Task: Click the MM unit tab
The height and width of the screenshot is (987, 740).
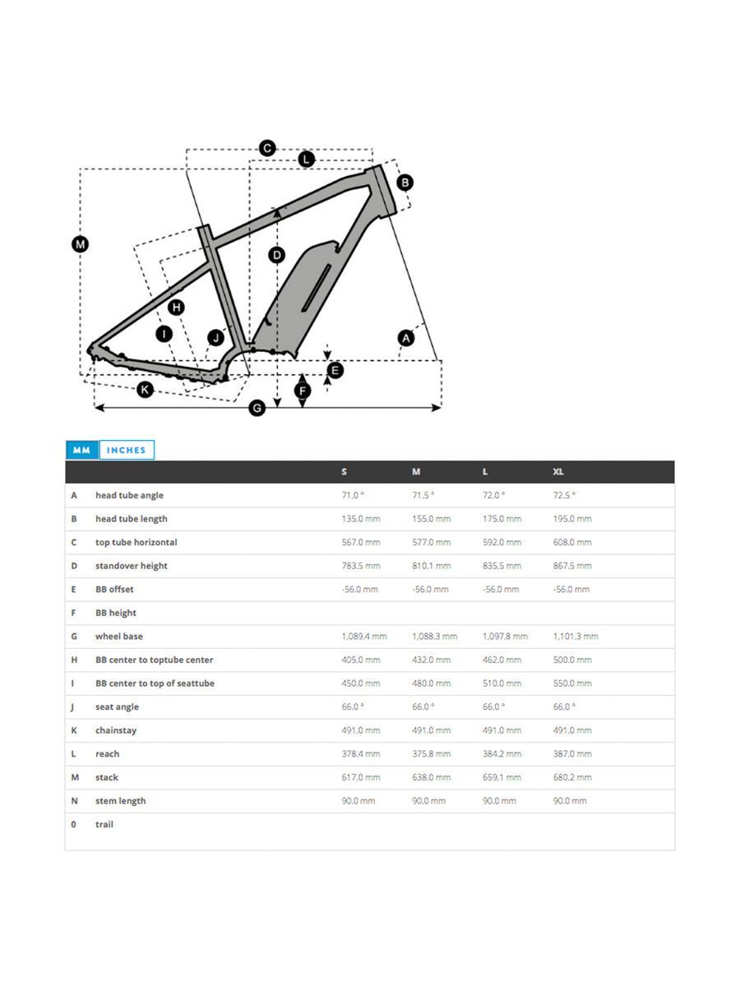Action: [81, 450]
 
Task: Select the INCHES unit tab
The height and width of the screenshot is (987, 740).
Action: [126, 450]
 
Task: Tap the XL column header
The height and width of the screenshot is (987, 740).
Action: [558, 472]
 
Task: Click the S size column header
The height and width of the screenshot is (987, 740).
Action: [344, 472]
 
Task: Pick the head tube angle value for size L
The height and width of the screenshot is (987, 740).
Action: [493, 495]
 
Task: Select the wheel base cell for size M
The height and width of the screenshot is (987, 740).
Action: [434, 637]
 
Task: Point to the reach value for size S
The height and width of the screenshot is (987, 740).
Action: [361, 754]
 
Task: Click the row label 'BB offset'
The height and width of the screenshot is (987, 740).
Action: [114, 590]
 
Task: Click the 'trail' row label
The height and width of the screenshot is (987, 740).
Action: [104, 824]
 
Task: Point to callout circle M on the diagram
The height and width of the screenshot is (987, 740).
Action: [80, 244]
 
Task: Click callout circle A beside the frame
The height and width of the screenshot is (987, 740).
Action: [405, 337]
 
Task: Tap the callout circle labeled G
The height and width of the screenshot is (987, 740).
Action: [257, 407]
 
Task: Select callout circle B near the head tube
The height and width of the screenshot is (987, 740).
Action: [404, 183]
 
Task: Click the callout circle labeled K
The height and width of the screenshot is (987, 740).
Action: [145, 389]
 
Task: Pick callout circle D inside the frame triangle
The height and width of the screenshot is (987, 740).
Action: [277, 255]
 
